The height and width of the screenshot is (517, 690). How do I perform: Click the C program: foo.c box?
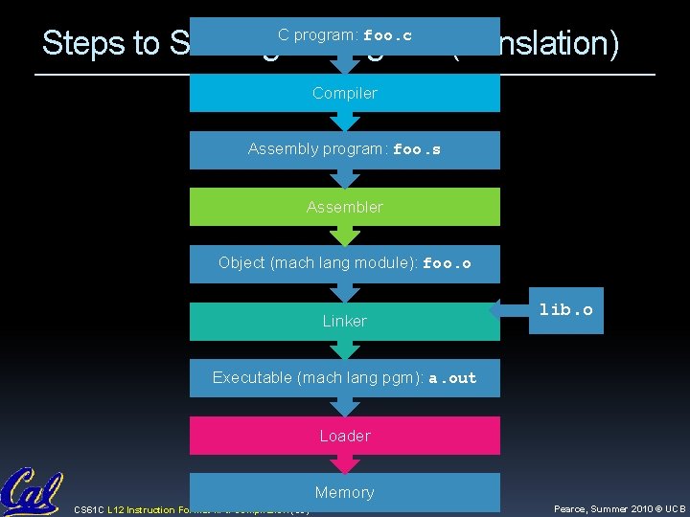345,36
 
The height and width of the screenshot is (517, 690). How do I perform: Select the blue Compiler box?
345,93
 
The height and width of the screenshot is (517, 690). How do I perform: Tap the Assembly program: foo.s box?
345,149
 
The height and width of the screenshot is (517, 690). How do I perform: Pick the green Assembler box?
345,207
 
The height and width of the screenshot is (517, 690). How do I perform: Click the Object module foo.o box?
345,263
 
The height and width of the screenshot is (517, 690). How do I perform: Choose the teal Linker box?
345,321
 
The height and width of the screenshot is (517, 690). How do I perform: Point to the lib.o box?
565,310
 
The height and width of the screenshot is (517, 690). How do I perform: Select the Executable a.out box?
345,377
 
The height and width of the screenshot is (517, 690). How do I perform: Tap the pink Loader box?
345,436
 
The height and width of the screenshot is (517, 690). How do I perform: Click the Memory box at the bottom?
345,492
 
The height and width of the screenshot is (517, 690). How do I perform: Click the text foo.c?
387,36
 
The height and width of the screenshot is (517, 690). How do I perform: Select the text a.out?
452,378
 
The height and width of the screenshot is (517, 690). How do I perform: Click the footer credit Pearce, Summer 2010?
619,509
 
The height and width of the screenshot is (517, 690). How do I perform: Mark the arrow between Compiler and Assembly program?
344,122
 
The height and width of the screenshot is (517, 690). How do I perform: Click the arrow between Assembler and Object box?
344,236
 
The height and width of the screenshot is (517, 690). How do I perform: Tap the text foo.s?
417,150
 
